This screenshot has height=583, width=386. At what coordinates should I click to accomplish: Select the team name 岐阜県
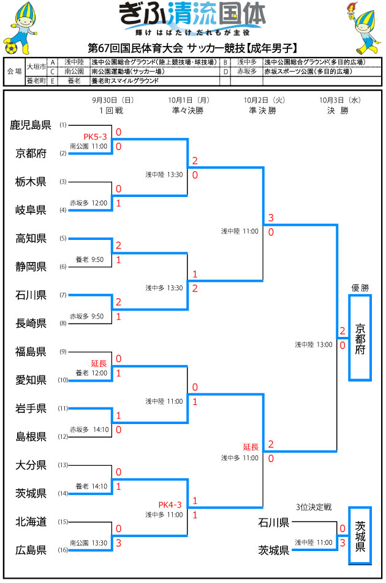coord(31,210)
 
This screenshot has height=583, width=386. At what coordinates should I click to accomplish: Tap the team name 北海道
coord(31,522)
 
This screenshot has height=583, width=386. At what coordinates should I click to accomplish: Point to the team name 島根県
coord(31,436)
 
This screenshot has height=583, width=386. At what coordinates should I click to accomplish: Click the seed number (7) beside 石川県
coord(62,295)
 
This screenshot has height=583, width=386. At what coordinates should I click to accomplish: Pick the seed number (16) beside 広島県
coord(62,550)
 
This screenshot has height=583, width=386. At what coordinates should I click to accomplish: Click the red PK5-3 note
coord(96,136)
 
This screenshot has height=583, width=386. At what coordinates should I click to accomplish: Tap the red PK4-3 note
coord(170,504)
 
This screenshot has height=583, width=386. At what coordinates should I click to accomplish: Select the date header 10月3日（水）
coord(339,100)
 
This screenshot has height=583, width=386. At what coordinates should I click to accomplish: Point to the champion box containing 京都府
coord(360,338)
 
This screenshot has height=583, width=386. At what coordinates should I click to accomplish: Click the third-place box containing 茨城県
coord(360,535)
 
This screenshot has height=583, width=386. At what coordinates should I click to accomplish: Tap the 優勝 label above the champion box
coord(360,287)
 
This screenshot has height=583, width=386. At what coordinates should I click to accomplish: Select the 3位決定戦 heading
coord(313,507)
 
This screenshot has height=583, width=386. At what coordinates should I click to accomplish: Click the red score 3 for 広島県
coord(118,542)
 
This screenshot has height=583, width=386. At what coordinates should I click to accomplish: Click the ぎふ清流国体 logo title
coord(194,14)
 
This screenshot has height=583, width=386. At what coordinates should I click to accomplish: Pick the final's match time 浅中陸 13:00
coord(313,344)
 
